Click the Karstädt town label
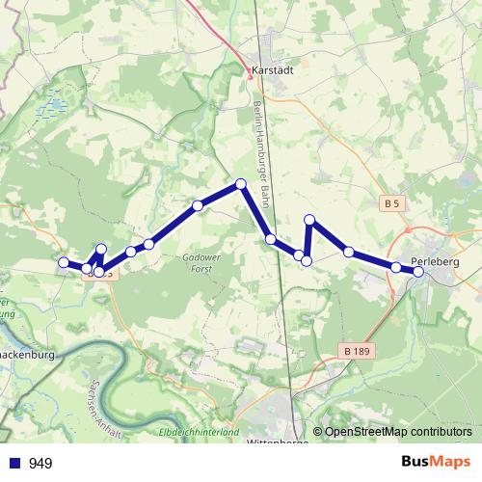pos(271,70)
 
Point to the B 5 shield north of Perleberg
pos(390,203)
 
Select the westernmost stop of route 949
pos(64,262)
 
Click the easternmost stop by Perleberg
pos(418,272)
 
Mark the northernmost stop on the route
pos(241,183)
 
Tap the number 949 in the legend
pos(41,464)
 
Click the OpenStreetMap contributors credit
pos(399,433)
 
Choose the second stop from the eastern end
pos(396,266)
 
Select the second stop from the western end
pos(87,268)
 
